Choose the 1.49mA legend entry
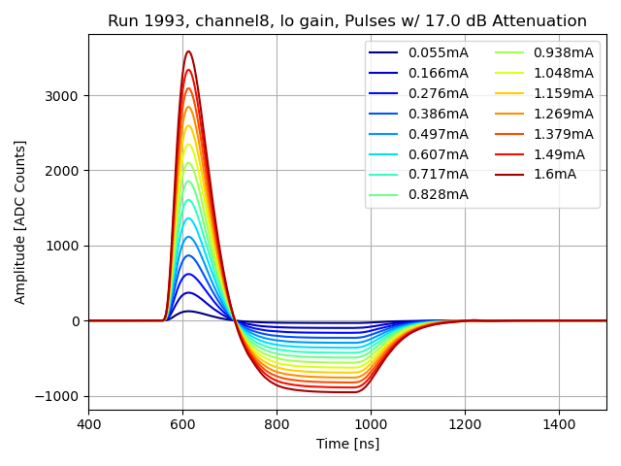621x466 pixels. (x=558, y=154)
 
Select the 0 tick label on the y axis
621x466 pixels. (x=78, y=320)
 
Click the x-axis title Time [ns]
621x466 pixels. (x=347, y=444)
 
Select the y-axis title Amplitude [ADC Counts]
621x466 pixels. (x=20, y=221)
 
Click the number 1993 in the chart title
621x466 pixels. (x=156, y=21)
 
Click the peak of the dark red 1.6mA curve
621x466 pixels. (x=188, y=51)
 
